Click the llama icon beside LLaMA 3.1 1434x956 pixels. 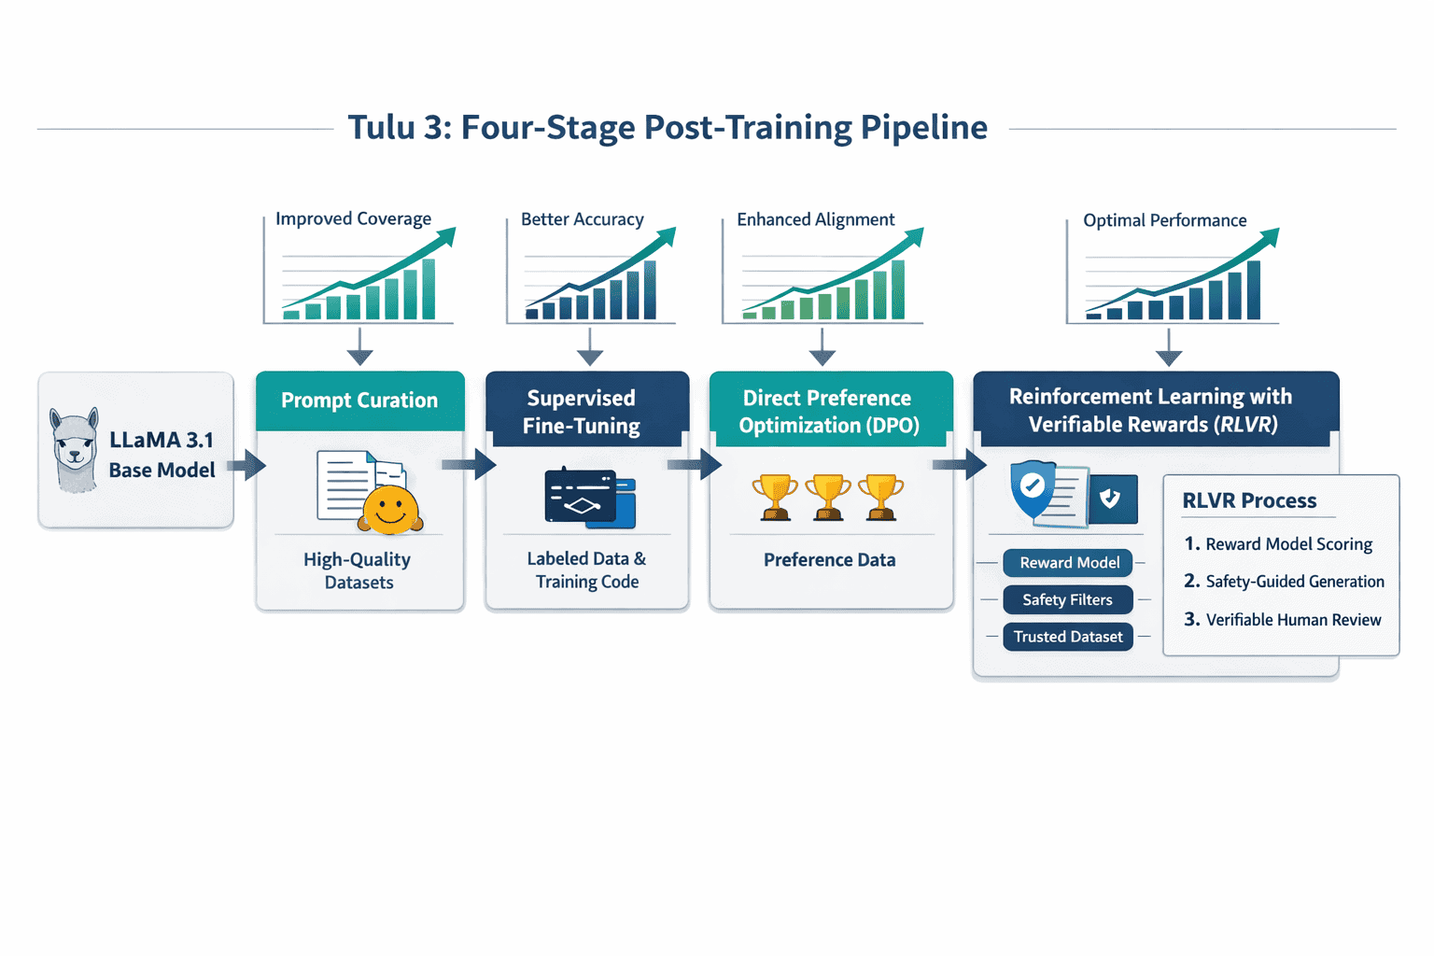click(75, 450)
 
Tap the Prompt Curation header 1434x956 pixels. click(359, 401)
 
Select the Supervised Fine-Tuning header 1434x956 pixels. click(582, 412)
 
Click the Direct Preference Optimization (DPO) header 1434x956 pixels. click(828, 412)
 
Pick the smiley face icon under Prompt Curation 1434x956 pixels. click(390, 509)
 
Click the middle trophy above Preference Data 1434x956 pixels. click(827, 496)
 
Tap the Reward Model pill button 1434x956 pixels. click(1068, 563)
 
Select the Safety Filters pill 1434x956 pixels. click(1067, 600)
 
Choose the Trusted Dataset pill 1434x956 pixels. click(1068, 637)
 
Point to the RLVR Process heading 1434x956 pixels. click(1249, 501)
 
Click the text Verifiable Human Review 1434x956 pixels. click(1293, 620)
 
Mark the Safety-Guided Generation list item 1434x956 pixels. click(1294, 582)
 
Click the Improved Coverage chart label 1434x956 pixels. click(353, 219)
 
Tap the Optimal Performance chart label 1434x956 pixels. click(1164, 221)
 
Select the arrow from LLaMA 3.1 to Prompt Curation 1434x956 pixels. click(247, 465)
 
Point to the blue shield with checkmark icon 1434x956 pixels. click(1032, 487)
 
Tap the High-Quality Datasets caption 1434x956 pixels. click(358, 570)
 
